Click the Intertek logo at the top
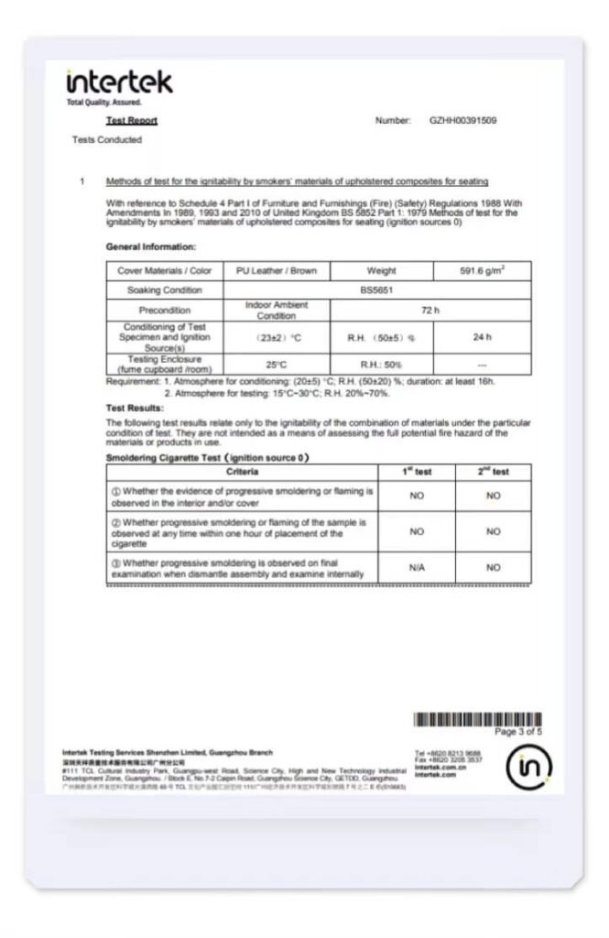coord(119,82)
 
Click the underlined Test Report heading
coord(132,121)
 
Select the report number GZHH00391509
coord(463,121)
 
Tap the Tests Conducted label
coord(107,140)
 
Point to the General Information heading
coord(150,247)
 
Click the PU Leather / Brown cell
coord(276,271)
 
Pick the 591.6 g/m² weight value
coord(482,271)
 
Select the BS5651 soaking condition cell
coord(377,290)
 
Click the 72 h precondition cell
coord(430,311)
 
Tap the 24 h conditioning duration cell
coord(482,337)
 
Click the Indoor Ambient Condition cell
coord(276,311)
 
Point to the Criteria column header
coord(242,472)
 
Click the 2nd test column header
coord(493,472)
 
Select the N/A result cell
coord(417,568)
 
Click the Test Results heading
coord(135,408)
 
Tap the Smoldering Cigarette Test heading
coord(207,457)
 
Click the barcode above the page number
coord(477,719)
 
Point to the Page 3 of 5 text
coord(517,732)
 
